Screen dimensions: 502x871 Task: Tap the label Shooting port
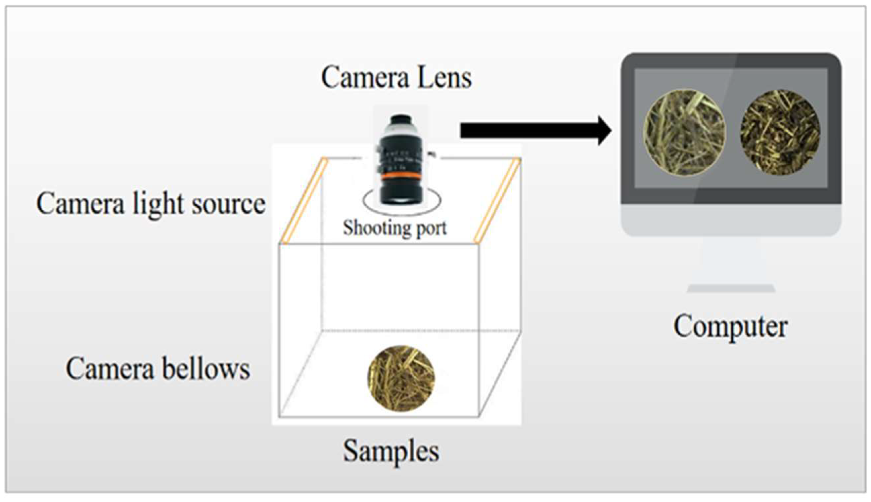point(394,228)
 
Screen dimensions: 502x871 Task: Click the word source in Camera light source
point(228,204)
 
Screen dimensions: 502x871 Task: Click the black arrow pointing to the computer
point(535,131)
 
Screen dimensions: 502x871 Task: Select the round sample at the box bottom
point(401,379)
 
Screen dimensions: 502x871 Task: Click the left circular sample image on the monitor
point(685,132)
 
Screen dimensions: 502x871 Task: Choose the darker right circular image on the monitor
point(780,132)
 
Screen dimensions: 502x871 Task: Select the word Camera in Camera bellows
point(110,369)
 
